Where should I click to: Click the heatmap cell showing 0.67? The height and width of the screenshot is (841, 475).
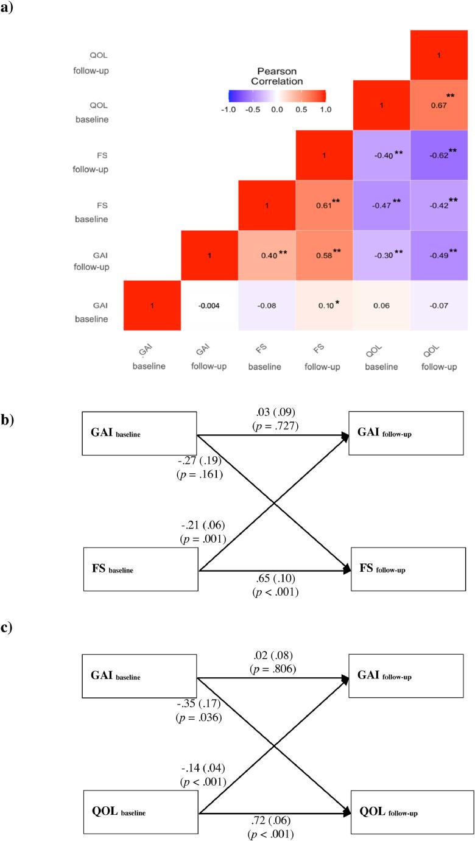pyautogui.click(x=439, y=105)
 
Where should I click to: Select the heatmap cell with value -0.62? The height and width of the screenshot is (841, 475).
pyautogui.click(x=439, y=156)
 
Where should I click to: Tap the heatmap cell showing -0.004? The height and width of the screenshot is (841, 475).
pyautogui.click(x=209, y=306)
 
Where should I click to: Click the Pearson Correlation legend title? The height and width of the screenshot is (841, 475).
pyautogui.click(x=276, y=76)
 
